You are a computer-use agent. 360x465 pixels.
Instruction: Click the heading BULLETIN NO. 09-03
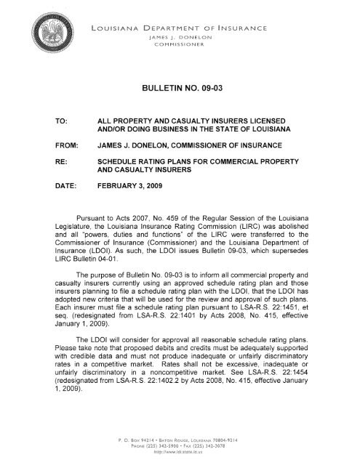click(180, 86)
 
